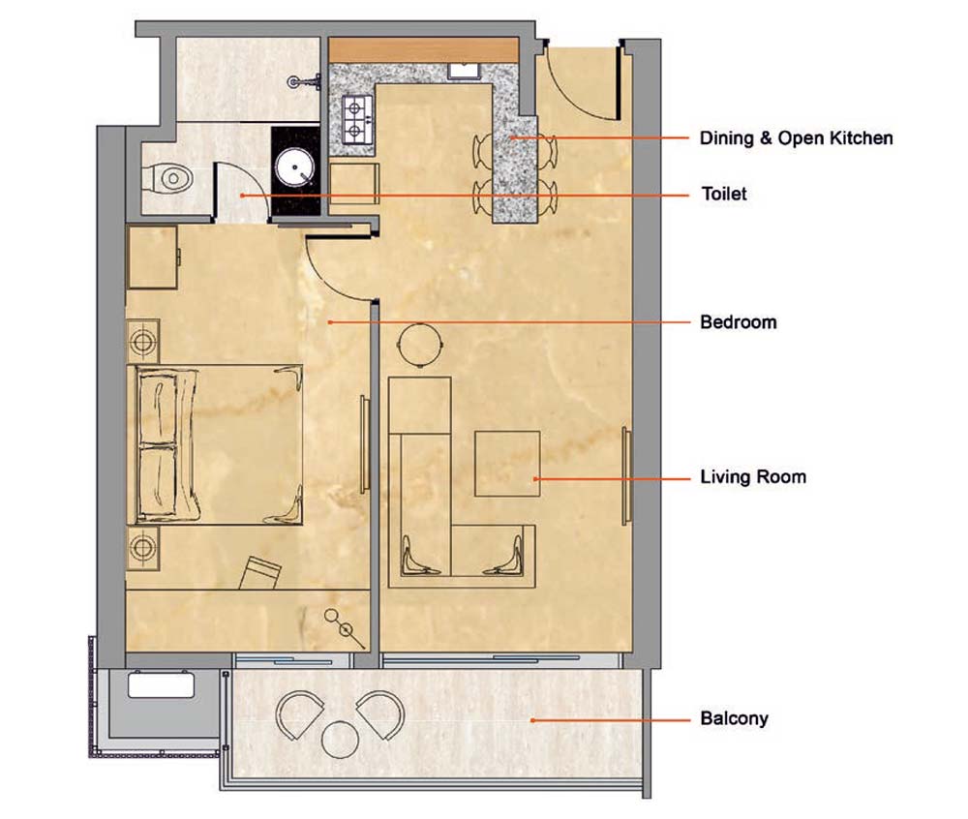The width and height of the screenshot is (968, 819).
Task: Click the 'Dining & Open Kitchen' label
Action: coord(796,137)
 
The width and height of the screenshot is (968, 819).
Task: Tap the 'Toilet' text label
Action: coord(724,194)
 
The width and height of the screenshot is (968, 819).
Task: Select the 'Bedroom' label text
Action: coord(739,322)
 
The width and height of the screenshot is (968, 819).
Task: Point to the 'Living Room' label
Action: coord(753,477)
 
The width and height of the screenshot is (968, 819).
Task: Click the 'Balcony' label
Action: coord(734,718)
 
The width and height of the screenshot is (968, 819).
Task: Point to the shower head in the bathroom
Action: coord(306,81)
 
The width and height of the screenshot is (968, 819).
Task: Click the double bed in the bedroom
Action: coord(215,445)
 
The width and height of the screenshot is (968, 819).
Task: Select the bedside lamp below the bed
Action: coord(142,547)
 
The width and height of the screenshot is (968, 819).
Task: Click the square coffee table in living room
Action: coord(507,464)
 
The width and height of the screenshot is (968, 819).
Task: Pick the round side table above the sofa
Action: coord(420,345)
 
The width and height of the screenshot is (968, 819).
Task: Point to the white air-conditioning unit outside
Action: coord(161,685)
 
